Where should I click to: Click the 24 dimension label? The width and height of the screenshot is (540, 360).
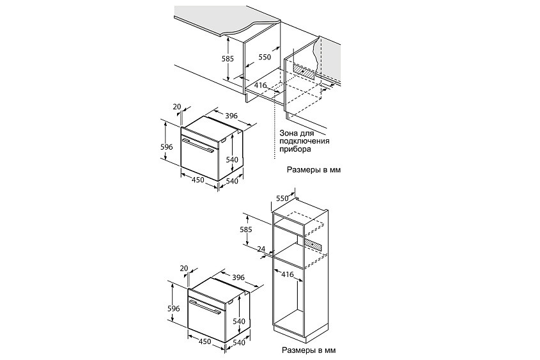click(261, 249)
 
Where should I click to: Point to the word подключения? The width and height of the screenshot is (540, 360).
click(304, 141)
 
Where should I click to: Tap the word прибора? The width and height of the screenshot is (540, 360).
click(295, 149)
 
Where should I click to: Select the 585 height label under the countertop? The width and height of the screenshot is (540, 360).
click(228, 59)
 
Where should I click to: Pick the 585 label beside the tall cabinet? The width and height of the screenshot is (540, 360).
click(246, 230)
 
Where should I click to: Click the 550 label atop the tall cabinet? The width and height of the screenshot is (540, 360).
click(282, 198)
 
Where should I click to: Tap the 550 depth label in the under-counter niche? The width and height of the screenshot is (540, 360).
click(265, 57)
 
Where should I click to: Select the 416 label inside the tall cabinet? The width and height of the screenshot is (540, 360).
click(287, 274)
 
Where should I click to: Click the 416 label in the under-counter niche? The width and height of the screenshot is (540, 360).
click(261, 85)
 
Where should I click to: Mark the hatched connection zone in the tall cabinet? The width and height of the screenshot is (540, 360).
click(313, 245)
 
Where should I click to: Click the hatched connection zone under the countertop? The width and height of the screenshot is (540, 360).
click(304, 72)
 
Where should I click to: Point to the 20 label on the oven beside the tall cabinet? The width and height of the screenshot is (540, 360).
click(184, 268)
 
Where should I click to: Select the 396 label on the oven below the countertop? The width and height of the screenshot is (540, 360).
click(231, 116)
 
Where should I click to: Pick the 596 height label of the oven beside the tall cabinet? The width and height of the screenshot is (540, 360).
click(174, 308)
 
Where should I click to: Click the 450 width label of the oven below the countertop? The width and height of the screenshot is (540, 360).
click(197, 180)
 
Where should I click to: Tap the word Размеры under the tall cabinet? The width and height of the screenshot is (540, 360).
click(298, 350)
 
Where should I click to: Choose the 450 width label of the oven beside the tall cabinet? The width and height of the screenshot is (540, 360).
click(204, 341)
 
